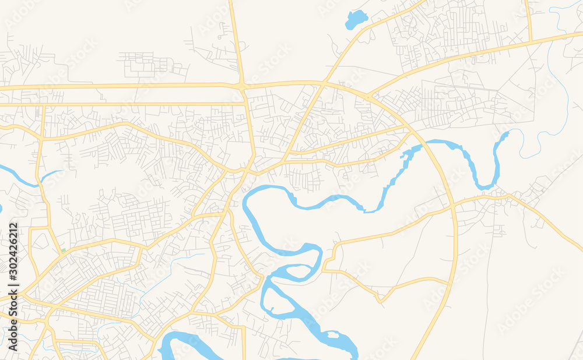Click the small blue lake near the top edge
[356, 20]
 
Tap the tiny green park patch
[62, 251]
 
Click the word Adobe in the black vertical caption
[13, 336]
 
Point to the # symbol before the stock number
[13, 278]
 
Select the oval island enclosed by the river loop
[298, 271]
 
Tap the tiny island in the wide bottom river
[333, 334]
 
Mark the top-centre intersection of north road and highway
[243, 86]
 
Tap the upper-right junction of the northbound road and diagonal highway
[531, 41]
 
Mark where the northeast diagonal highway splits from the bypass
[368, 94]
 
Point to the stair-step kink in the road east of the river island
[329, 256]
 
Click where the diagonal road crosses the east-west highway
[323, 83]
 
